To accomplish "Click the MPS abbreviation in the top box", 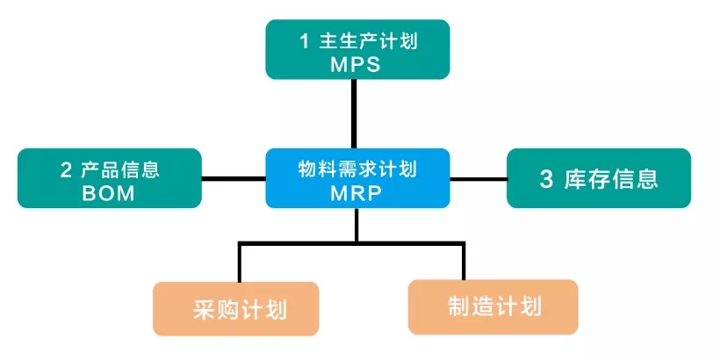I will pyautogui.click(x=356, y=64).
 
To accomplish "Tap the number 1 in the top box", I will pyautogui.click(x=304, y=41).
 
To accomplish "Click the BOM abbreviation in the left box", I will pyautogui.click(x=110, y=193).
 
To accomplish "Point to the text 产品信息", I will pyautogui.click(x=124, y=169).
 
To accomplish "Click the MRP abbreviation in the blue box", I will pyautogui.click(x=356, y=193).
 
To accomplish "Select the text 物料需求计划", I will pyautogui.click(x=356, y=169).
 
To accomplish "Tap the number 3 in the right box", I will pyautogui.click(x=546, y=180).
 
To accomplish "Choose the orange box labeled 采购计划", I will pyautogui.click(x=235, y=308).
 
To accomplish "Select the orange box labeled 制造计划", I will pyautogui.click(x=493, y=306).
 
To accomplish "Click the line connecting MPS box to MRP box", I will pyautogui.click(x=356, y=114).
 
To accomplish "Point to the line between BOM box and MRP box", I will pyautogui.click(x=234, y=179).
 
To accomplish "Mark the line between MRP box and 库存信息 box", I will pyautogui.click(x=479, y=179).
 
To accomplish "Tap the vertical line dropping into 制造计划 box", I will pyautogui.click(x=463, y=261).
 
